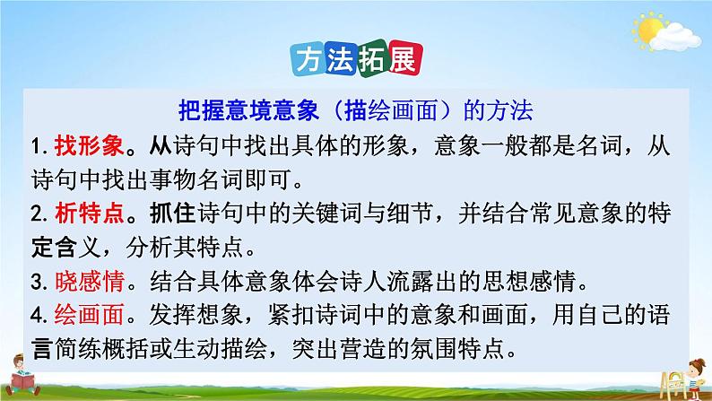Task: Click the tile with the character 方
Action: [x=311, y=59]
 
